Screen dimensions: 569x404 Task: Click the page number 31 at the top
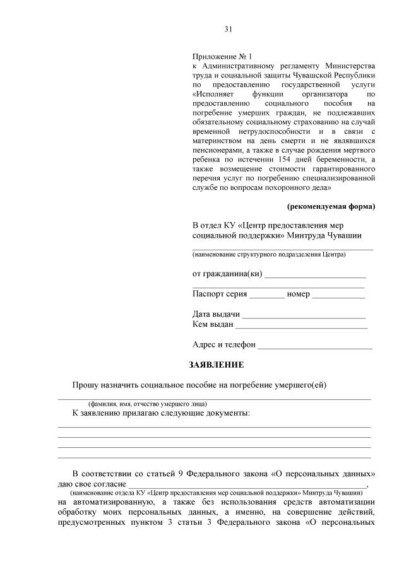[229, 29]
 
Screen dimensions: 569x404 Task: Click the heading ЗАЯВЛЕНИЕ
[217, 365]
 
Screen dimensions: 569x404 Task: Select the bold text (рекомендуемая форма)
[331, 206]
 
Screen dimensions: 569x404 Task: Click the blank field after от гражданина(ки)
[315, 274]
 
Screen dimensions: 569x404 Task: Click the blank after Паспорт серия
[267, 295]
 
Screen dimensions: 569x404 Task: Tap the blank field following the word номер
[338, 295]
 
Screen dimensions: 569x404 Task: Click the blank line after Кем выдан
[301, 326]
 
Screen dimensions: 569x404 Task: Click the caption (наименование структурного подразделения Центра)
[269, 255]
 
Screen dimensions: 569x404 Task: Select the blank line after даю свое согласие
[246, 484]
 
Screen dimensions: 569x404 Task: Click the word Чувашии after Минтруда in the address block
[344, 235]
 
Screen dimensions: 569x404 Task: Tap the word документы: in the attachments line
[229, 413]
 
